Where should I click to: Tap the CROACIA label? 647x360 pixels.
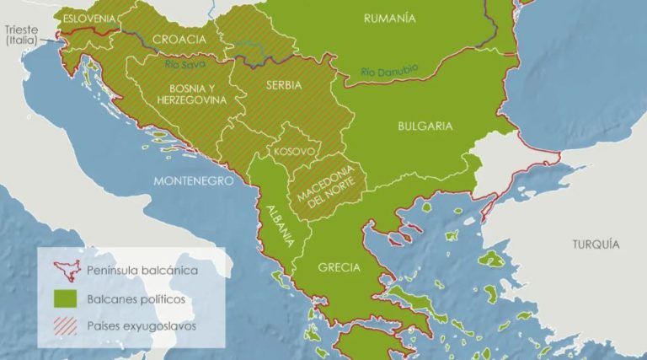pos(179,40)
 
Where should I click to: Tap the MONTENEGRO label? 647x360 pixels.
pos(193,181)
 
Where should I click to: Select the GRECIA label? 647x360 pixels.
pos(339,268)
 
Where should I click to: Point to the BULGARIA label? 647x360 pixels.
pos(425,126)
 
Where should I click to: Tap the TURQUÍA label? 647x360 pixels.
pos(596,244)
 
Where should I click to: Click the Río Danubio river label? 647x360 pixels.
pos(389,73)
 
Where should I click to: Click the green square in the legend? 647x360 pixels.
pos(64,298)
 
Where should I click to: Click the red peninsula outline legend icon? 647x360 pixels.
pos(64,271)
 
